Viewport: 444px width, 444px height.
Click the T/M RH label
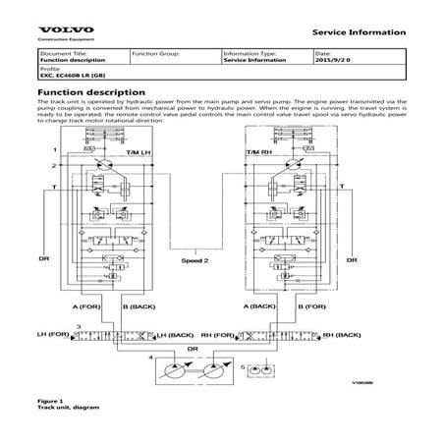[x=289, y=155]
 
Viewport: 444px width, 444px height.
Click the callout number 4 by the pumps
[x=149, y=360]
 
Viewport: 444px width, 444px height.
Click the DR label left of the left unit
[x=45, y=258]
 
